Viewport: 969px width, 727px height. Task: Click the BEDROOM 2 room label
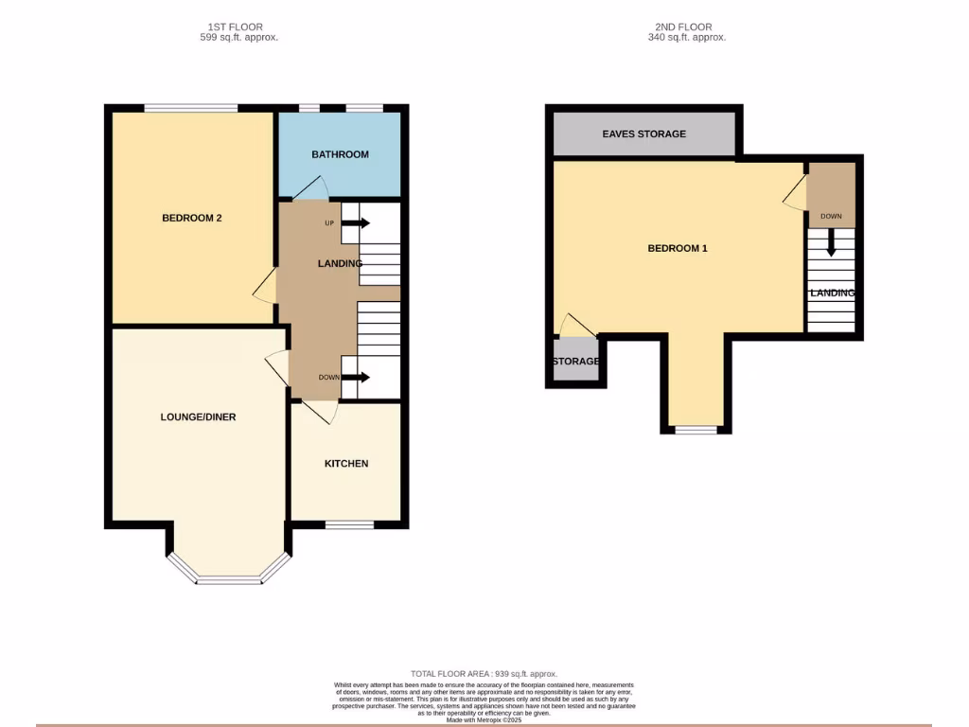point(192,218)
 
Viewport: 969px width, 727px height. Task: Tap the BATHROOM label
point(341,154)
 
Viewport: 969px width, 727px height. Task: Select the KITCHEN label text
point(346,463)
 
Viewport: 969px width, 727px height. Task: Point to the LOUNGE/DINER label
point(198,417)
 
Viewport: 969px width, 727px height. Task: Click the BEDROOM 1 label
point(678,248)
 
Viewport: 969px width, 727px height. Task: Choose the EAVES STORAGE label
point(643,133)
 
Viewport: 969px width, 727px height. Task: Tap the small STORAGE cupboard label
point(575,362)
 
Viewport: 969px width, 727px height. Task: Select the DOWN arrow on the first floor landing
point(356,377)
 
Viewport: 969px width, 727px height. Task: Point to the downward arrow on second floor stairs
point(831,244)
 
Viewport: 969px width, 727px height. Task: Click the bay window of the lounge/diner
point(229,576)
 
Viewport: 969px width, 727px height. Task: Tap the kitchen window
point(349,523)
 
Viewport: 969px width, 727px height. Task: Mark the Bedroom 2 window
point(190,109)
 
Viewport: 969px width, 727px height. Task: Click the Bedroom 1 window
point(696,429)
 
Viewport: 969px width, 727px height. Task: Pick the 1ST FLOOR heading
point(235,27)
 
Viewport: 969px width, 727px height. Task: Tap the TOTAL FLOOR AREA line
point(484,674)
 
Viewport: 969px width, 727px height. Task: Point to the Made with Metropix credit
point(484,719)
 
